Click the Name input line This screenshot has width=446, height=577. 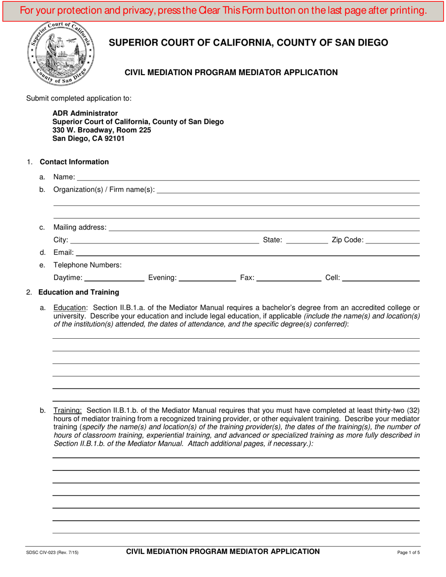(x=248, y=176)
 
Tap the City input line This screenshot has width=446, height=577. (x=164, y=240)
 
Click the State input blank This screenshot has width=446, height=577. (x=307, y=240)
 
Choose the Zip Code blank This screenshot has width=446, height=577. (x=392, y=240)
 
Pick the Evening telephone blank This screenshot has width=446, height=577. (x=208, y=278)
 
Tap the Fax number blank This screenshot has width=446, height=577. (x=289, y=278)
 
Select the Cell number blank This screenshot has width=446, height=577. (x=381, y=278)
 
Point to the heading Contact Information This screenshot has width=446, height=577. (x=74, y=162)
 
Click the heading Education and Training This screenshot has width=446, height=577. (x=78, y=292)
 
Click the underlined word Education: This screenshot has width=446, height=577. (x=69, y=308)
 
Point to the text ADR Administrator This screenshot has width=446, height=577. (x=85, y=113)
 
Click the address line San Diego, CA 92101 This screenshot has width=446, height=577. (x=89, y=138)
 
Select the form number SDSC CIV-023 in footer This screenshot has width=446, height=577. (x=52, y=553)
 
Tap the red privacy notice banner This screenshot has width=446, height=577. (x=223, y=10)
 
